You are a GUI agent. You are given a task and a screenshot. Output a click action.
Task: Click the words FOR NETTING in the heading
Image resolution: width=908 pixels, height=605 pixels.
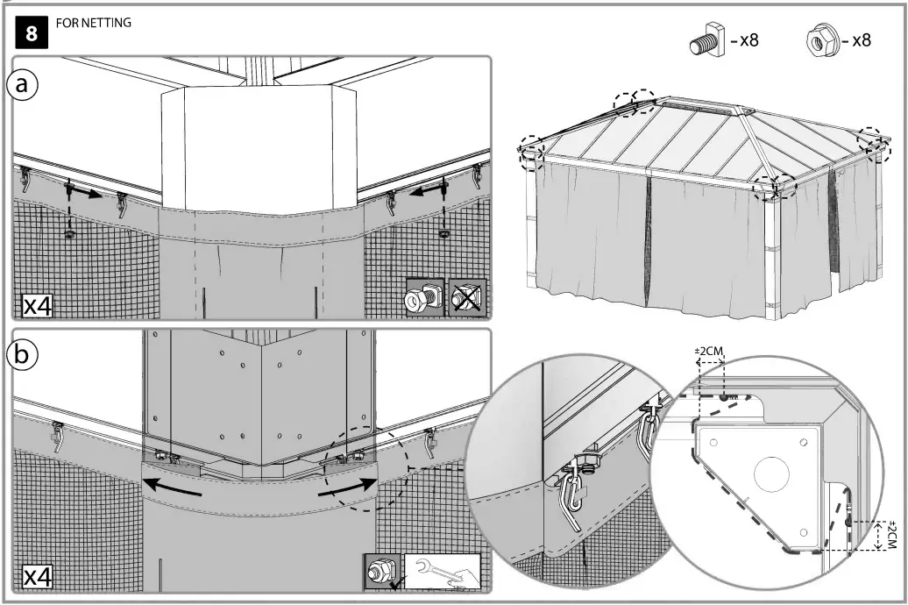point(93,24)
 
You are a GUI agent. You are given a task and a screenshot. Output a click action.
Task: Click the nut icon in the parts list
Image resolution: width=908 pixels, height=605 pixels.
point(819,41)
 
